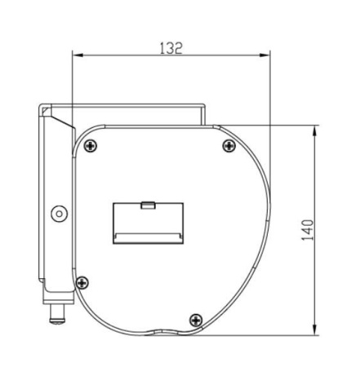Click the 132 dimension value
(x=171, y=48)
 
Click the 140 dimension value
(x=308, y=230)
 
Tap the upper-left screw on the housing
(x=91, y=146)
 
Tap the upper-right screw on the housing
(x=229, y=146)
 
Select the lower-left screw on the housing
(x=82, y=283)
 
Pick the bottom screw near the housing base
(x=196, y=320)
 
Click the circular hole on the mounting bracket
(x=60, y=214)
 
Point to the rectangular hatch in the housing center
(x=148, y=223)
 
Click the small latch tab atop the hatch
(x=148, y=206)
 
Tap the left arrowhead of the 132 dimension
(x=77, y=55)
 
